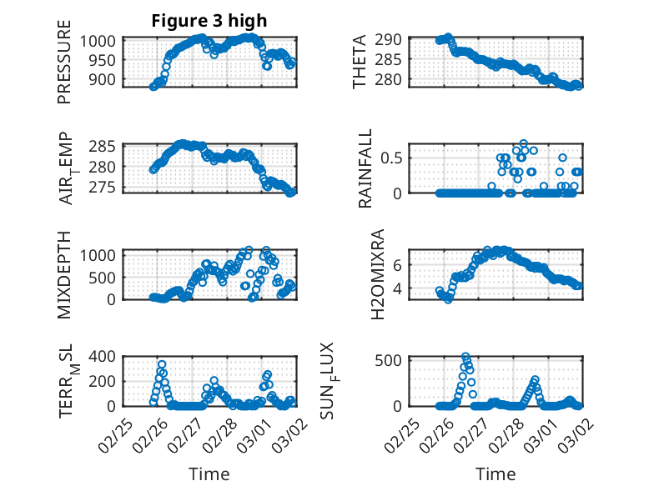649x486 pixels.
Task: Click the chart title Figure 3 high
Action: pyautogui.click(x=209, y=21)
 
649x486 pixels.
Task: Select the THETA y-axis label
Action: pyautogui.click(x=360, y=63)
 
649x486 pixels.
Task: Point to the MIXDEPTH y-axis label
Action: pyautogui.click(x=65, y=273)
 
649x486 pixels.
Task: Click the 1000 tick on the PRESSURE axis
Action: pyautogui.click(x=102, y=42)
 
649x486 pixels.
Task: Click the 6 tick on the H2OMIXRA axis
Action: pyautogui.click(x=399, y=264)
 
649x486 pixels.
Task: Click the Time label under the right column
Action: pyautogui.click(x=496, y=473)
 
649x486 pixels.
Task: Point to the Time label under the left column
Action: pyautogui.click(x=209, y=473)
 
